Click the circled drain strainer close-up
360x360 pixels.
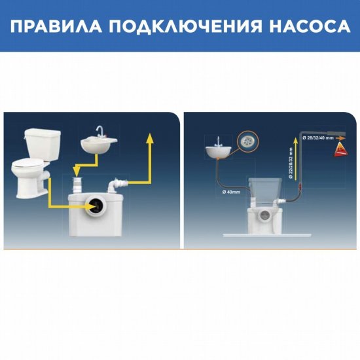[x=248, y=139]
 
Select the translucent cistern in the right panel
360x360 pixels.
[x=268, y=190]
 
